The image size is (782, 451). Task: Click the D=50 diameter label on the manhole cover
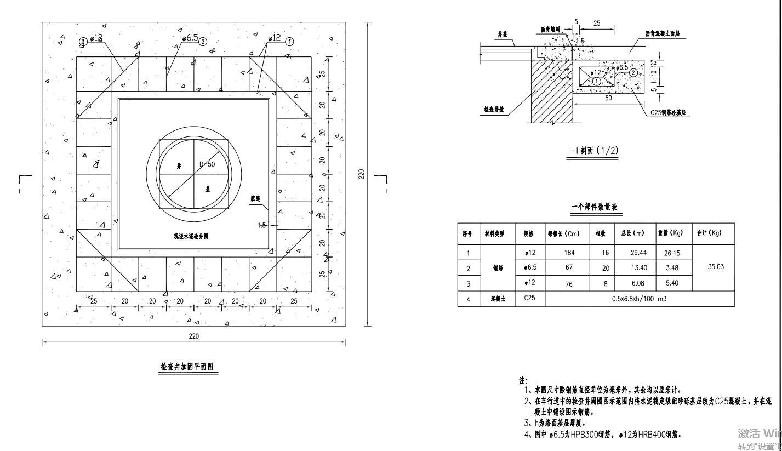[x=206, y=165]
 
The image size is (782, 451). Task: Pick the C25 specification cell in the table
[x=529, y=298]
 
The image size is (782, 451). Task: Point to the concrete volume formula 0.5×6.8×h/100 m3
[x=640, y=299]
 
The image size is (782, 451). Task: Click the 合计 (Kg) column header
[x=709, y=233]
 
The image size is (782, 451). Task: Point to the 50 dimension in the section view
[x=608, y=98]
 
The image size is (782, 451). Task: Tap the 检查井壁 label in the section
[x=494, y=109]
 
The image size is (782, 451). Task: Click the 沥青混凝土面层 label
[x=665, y=33]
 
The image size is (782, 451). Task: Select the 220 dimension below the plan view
[x=193, y=335]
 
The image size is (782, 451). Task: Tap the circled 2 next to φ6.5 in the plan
[x=203, y=41]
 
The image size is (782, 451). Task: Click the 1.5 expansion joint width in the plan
[x=262, y=225]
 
